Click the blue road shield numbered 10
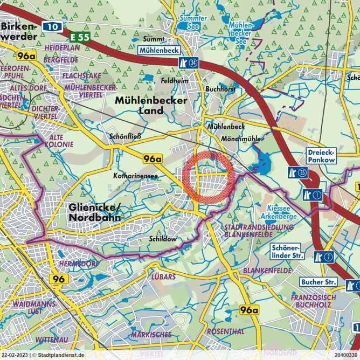(x=51, y=26)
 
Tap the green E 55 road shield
(x=80, y=37)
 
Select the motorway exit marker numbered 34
(x=189, y=63)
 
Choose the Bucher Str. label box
(x=319, y=282)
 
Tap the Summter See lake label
(x=192, y=22)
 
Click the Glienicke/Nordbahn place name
(x=95, y=212)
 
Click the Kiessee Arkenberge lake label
(x=281, y=212)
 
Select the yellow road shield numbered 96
(x=59, y=279)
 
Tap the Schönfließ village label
(x=125, y=136)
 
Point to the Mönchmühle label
(x=241, y=139)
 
